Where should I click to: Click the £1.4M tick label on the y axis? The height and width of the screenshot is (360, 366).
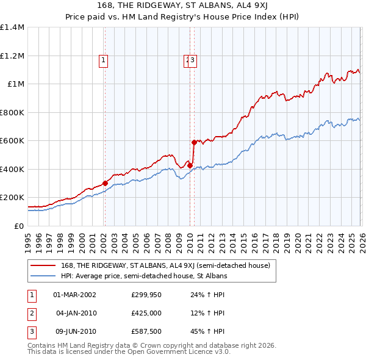click(x=12, y=27)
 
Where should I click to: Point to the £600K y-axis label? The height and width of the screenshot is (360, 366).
click(x=12, y=141)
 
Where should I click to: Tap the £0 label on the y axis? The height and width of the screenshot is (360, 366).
click(x=18, y=226)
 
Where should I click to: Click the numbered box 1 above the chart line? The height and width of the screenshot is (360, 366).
click(x=104, y=60)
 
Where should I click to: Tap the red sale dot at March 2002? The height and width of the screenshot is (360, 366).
click(x=105, y=183)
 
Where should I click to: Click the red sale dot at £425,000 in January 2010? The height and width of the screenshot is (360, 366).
click(x=190, y=165)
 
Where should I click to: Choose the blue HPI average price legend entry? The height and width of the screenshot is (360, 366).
click(x=144, y=276)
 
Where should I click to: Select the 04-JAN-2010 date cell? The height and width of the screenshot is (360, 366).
click(x=75, y=313)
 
